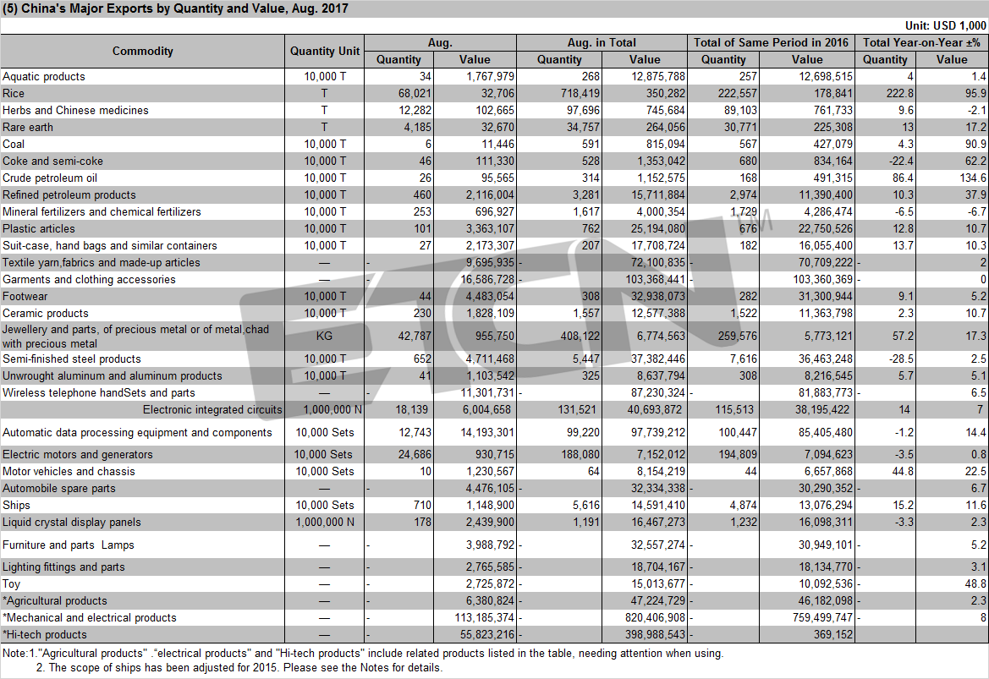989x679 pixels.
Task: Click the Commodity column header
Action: tap(142, 51)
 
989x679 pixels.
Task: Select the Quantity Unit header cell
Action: tap(324, 51)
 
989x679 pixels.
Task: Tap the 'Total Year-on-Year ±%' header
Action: tap(920, 42)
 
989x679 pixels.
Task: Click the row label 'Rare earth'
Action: tap(28, 128)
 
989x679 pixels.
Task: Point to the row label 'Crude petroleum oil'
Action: tap(50, 178)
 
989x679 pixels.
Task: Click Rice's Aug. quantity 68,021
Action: tap(415, 93)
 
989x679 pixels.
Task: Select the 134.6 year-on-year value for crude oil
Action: tap(973, 178)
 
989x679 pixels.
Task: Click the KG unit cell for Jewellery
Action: tap(324, 336)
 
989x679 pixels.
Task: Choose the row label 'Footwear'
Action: tap(25, 296)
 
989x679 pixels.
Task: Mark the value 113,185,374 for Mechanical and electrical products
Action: tap(485, 618)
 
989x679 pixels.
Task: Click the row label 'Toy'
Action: tap(11, 583)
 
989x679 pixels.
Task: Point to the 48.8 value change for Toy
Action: tap(975, 583)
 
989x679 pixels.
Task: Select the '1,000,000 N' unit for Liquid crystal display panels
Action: tap(324, 522)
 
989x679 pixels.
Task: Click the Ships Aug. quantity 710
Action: tap(423, 505)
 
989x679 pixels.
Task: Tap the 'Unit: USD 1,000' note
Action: tap(946, 25)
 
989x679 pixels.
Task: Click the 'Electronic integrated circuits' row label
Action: tap(212, 410)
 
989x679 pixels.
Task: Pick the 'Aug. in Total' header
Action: tap(602, 42)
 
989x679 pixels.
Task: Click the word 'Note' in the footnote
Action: tap(14, 653)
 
